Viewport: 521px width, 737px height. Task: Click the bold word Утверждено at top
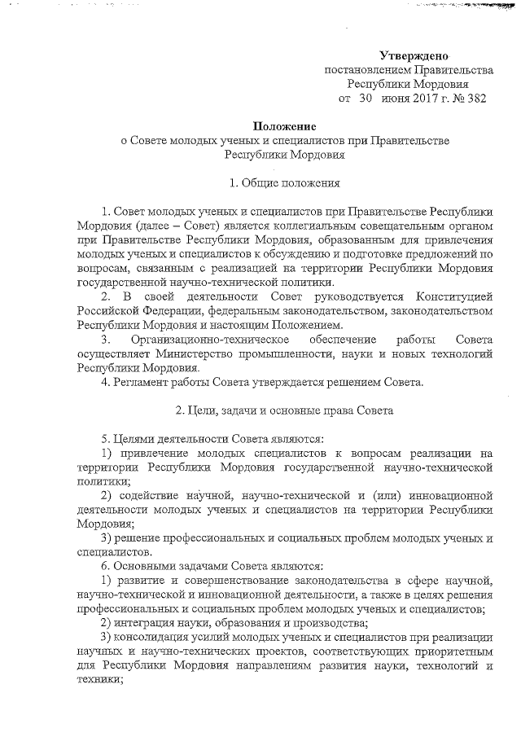point(414,55)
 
